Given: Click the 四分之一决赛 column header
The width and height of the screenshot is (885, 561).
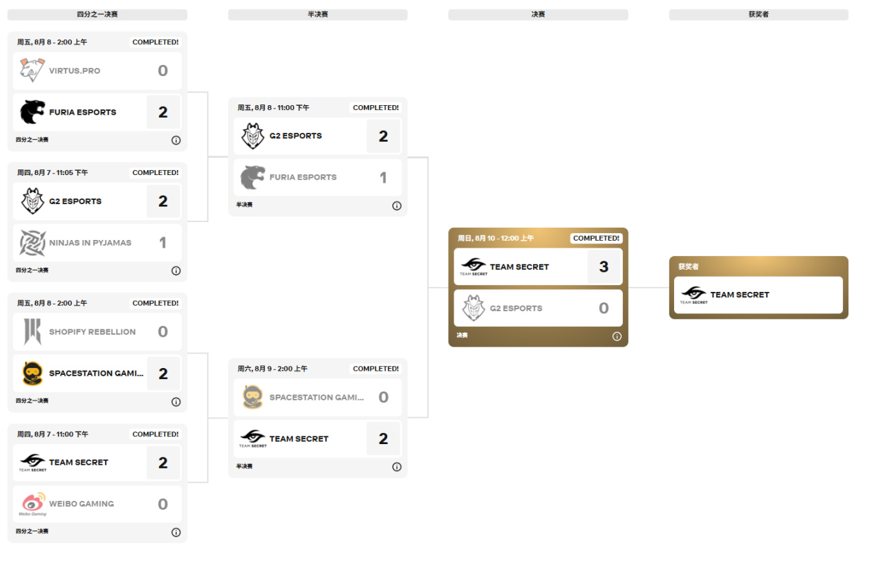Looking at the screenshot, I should pyautogui.click(x=97, y=15).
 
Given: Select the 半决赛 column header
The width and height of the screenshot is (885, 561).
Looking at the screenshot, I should pyautogui.click(x=317, y=15).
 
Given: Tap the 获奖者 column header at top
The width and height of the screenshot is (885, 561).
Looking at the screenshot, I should pyautogui.click(x=758, y=15).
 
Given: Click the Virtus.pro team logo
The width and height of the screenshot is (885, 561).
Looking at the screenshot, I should pyautogui.click(x=32, y=71).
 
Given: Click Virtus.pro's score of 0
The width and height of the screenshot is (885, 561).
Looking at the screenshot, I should pyautogui.click(x=163, y=71).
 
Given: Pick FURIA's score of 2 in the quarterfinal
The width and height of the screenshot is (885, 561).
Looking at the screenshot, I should pyautogui.click(x=163, y=112).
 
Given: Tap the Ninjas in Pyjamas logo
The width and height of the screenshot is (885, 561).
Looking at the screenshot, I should pyautogui.click(x=32, y=243).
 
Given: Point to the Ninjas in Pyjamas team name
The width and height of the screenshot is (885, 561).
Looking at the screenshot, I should pyautogui.click(x=90, y=243).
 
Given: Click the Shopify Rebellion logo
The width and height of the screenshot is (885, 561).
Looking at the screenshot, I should pyautogui.click(x=32, y=332).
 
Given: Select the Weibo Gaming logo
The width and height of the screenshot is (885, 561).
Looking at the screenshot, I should pyautogui.click(x=32, y=504).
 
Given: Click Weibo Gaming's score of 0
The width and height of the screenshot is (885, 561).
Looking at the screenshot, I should pyautogui.click(x=163, y=504).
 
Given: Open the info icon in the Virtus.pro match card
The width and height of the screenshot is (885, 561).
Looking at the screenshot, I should pyautogui.click(x=176, y=140).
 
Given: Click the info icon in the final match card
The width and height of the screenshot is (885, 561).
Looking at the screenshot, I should pyautogui.click(x=617, y=336).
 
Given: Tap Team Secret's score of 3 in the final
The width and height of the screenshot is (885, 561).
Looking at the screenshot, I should pyautogui.click(x=604, y=267).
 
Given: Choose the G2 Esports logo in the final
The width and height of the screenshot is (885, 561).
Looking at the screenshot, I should pyautogui.click(x=474, y=309).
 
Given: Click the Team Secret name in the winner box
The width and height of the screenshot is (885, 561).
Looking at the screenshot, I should pyautogui.click(x=740, y=295).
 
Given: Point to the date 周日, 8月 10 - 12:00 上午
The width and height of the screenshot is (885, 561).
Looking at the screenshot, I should pyautogui.click(x=496, y=238).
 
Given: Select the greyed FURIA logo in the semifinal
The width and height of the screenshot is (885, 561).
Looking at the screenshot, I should pyautogui.click(x=252, y=178).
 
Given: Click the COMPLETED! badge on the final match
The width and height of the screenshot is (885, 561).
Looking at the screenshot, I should pyautogui.click(x=596, y=238).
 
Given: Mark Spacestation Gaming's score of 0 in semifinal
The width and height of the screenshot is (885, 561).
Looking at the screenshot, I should pyautogui.click(x=384, y=397).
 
